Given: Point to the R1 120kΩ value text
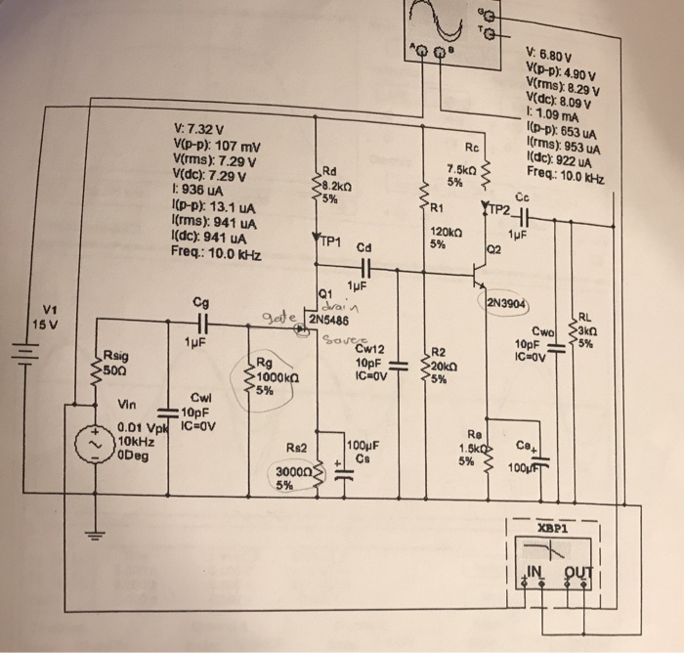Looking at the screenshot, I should click(x=445, y=232).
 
